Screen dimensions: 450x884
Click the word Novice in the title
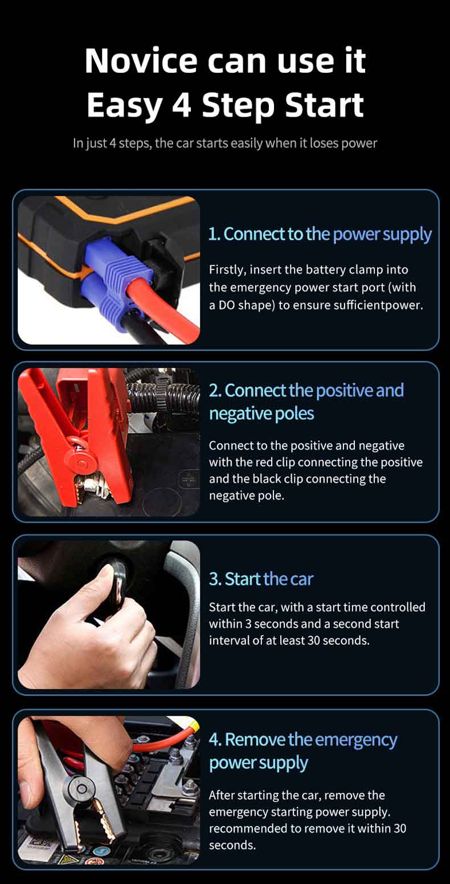[141, 61]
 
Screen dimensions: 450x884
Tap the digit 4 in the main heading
[182, 105]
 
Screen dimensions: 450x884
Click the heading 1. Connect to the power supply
[320, 235]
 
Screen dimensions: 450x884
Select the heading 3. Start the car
[261, 579]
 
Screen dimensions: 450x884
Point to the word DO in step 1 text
[227, 305]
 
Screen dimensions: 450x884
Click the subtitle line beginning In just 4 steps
[225, 143]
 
